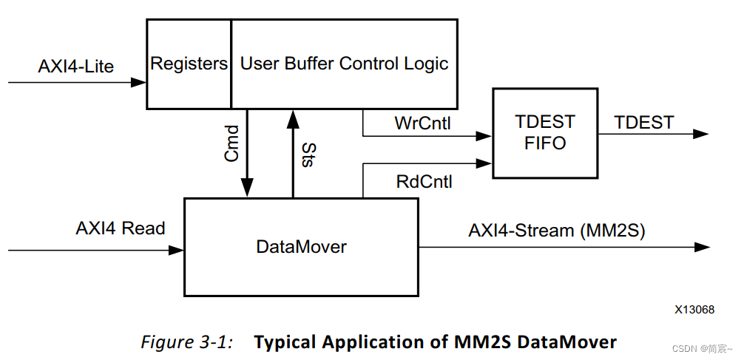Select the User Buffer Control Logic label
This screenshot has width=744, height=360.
(x=345, y=63)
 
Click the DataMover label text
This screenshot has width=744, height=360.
(x=301, y=247)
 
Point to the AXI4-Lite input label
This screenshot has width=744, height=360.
(x=76, y=67)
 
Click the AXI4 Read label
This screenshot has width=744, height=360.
(x=120, y=228)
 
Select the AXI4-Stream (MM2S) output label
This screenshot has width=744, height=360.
(x=557, y=231)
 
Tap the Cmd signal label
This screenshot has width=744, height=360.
(x=231, y=143)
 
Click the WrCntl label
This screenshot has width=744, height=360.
(x=422, y=123)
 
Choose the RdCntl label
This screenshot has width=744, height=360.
(x=424, y=181)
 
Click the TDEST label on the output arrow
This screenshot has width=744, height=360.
(x=644, y=123)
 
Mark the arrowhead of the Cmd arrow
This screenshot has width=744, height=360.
(x=247, y=188)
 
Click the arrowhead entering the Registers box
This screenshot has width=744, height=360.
(x=138, y=83)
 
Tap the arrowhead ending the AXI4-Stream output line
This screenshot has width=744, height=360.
(x=702, y=247)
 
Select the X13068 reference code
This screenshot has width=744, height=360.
(x=694, y=310)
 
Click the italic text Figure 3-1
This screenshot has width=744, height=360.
(x=186, y=342)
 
